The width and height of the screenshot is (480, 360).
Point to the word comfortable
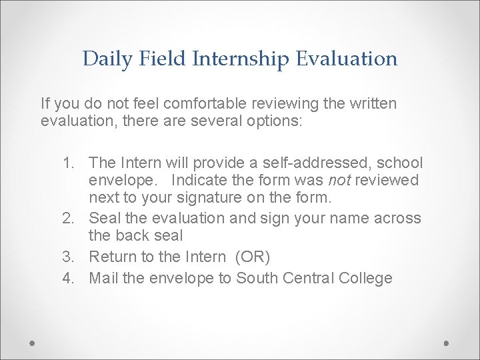204,104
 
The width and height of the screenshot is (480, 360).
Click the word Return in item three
111,257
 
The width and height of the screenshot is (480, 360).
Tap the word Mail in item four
104,278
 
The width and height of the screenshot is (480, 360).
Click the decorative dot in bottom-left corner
33,343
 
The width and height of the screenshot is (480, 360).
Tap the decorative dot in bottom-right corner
447,343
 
